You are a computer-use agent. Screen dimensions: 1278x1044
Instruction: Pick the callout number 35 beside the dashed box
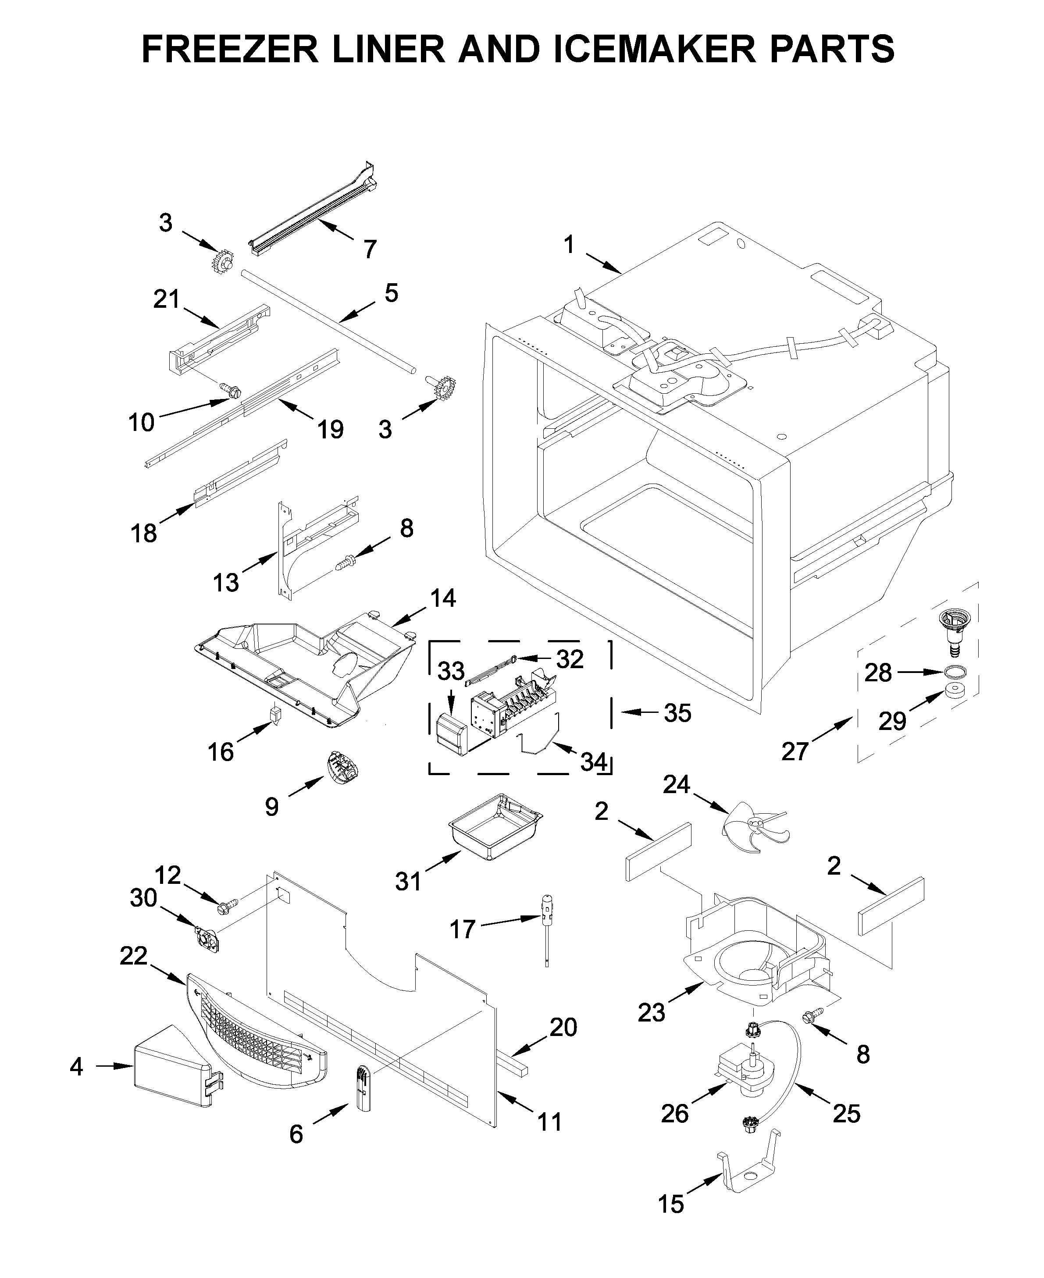pyautogui.click(x=678, y=713)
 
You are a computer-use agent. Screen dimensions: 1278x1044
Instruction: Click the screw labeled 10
pyautogui.click(x=231, y=390)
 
